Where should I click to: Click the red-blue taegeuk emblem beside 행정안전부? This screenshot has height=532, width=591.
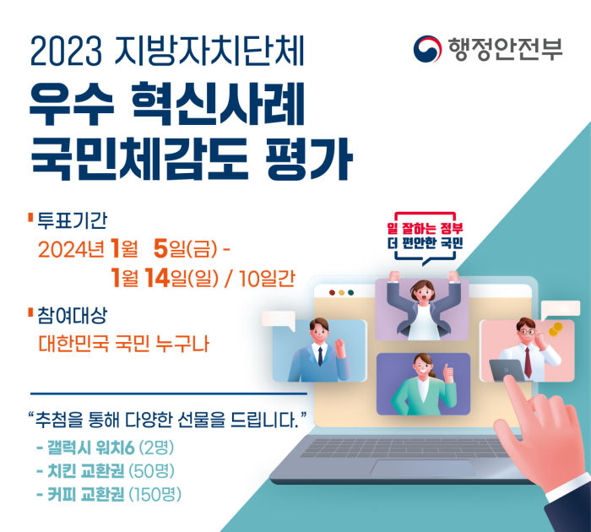pos(427,49)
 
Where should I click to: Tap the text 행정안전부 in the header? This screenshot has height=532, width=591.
pos(505,49)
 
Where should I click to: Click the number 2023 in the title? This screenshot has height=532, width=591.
pos(67,52)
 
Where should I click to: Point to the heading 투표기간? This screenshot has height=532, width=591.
pos(72,220)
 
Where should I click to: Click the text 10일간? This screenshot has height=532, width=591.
pos(267,279)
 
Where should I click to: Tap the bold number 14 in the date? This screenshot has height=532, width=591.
pos(157,279)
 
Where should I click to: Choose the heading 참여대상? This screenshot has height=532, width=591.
pos(72,315)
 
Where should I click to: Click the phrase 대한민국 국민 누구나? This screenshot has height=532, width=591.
pos(123,344)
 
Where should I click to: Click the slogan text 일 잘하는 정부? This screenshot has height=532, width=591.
pos(426,229)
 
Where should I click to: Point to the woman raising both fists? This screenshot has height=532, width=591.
pos(423,307)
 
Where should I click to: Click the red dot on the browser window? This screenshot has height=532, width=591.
pos(332,292)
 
